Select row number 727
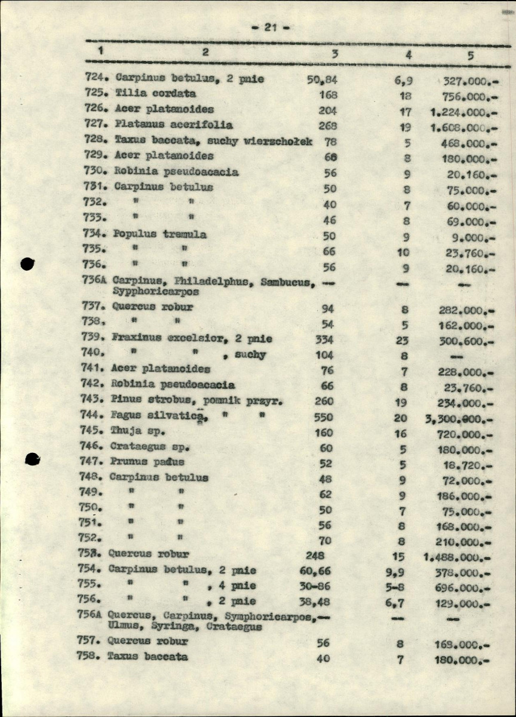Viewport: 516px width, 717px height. (x=96, y=125)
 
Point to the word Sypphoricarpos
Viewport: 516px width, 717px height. (x=156, y=292)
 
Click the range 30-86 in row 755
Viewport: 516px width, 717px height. (x=315, y=586)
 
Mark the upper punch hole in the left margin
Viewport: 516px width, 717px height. (x=28, y=263)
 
